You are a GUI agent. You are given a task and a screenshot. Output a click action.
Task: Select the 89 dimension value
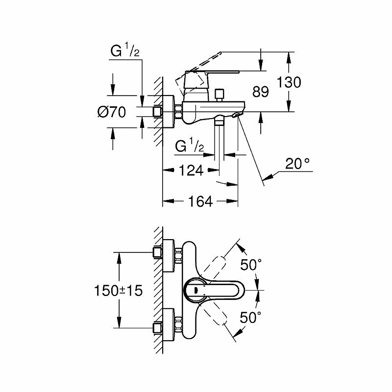pyautogui.click(x=260, y=92)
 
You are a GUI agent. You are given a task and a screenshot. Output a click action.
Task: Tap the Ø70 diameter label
pyautogui.click(x=112, y=112)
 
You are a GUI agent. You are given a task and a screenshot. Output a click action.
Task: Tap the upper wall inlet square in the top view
pyautogui.click(x=157, y=252)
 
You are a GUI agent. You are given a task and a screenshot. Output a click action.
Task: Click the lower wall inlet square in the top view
pyautogui.click(x=157, y=327)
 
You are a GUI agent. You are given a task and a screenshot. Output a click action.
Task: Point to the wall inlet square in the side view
pyautogui.click(x=157, y=112)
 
